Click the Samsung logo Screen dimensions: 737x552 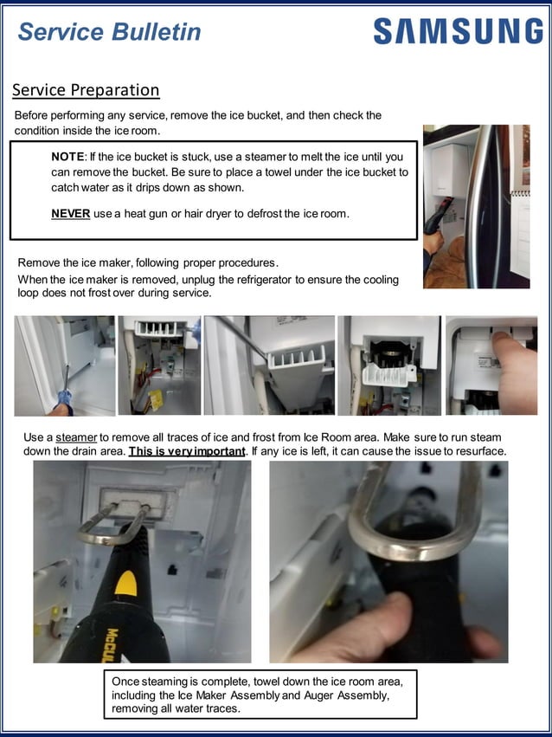click(x=458, y=31)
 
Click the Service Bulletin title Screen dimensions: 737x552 click(x=109, y=32)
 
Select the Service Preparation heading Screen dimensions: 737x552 click(x=86, y=90)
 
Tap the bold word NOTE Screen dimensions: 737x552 click(x=68, y=157)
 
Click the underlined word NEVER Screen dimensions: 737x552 click(x=70, y=214)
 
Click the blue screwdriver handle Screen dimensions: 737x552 click(x=63, y=399)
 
